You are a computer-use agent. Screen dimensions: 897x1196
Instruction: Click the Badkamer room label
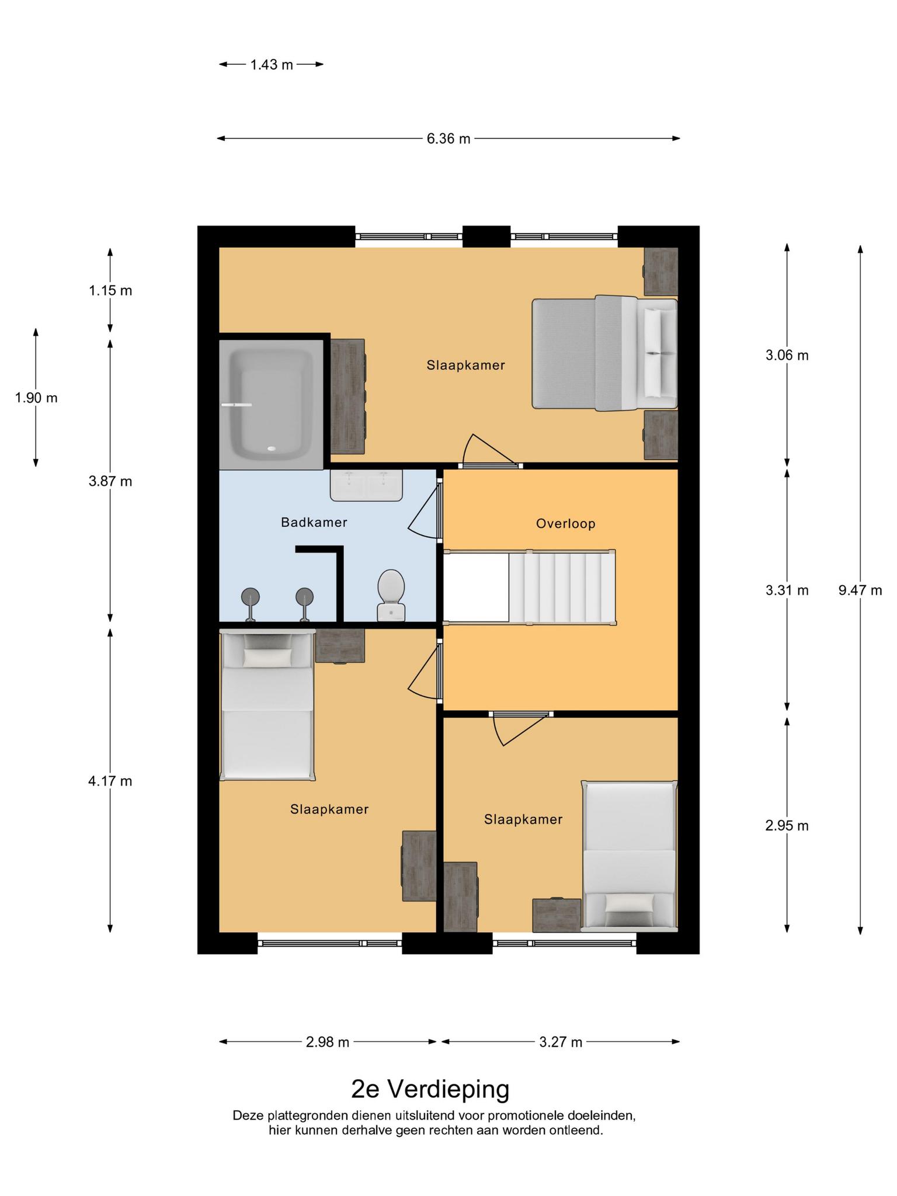[x=314, y=522]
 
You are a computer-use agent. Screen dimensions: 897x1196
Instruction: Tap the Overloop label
[x=566, y=523]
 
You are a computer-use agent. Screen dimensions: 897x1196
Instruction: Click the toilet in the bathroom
[x=391, y=594]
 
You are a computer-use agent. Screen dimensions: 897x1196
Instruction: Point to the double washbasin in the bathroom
[x=366, y=485]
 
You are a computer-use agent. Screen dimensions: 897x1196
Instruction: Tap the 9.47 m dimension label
[x=860, y=590]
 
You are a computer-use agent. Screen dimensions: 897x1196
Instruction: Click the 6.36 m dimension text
[x=448, y=138]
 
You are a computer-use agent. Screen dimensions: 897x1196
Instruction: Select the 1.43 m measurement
[x=272, y=64]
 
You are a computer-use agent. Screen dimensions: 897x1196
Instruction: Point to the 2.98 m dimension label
[x=328, y=1042]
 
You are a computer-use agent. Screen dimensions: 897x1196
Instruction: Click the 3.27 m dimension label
[x=561, y=1042]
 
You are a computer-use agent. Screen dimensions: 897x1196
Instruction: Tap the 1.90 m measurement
[x=36, y=398]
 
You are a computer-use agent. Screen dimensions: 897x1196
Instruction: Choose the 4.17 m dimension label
[x=110, y=781]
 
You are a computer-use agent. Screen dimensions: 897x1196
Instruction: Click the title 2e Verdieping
[x=430, y=1089]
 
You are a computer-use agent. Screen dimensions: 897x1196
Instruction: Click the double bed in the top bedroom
[x=604, y=353]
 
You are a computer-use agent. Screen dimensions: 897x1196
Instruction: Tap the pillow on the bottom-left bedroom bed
[x=267, y=658]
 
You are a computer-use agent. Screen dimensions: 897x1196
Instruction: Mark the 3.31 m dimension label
[x=787, y=590]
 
